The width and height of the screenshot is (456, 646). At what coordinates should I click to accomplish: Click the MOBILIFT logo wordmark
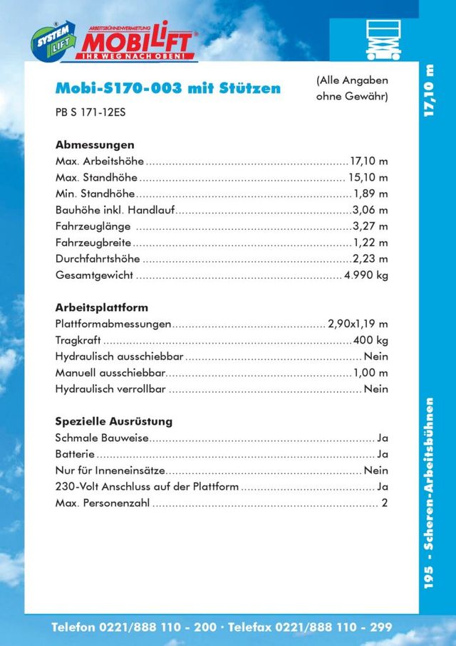(140, 41)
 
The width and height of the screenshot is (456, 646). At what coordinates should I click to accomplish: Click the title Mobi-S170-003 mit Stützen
(167, 89)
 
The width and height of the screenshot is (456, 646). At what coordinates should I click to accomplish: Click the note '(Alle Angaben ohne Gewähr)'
(352, 89)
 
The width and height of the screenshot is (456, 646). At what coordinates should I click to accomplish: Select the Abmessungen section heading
(95, 144)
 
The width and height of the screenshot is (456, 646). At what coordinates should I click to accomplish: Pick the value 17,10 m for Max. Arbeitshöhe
(368, 161)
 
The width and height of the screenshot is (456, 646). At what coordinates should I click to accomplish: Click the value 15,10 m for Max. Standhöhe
(368, 177)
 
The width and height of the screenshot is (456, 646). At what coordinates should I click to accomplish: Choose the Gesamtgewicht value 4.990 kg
(366, 275)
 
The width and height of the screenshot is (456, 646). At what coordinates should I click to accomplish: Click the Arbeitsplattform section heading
(102, 308)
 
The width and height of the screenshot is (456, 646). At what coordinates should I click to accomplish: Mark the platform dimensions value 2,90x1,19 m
(358, 324)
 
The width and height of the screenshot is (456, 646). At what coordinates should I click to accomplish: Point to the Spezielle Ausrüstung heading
(114, 421)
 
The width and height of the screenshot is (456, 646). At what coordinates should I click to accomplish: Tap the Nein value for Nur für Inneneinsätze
(375, 470)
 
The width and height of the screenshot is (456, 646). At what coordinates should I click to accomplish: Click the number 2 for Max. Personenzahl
(385, 503)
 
